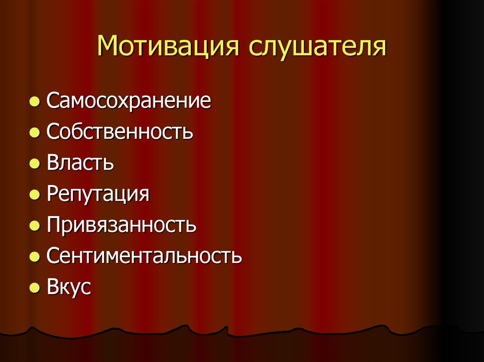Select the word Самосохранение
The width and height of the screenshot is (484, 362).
tap(129, 101)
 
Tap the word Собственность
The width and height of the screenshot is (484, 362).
tap(120, 132)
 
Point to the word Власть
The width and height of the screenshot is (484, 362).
tap(80, 163)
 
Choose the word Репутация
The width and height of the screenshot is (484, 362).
tap(98, 194)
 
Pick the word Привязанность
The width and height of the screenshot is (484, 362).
tap(121, 225)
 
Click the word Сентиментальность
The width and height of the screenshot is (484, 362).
tap(144, 256)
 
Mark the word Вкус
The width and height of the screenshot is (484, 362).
tap(69, 287)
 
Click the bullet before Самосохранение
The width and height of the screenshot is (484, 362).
tap(34, 102)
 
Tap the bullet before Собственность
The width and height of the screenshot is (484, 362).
tap(34, 134)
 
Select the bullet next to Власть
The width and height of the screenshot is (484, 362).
tap(34, 164)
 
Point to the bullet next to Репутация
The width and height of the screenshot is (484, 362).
tap(34, 195)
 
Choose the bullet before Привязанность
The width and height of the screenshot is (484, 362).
tap(34, 226)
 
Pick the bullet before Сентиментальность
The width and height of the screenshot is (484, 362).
tap(34, 257)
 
